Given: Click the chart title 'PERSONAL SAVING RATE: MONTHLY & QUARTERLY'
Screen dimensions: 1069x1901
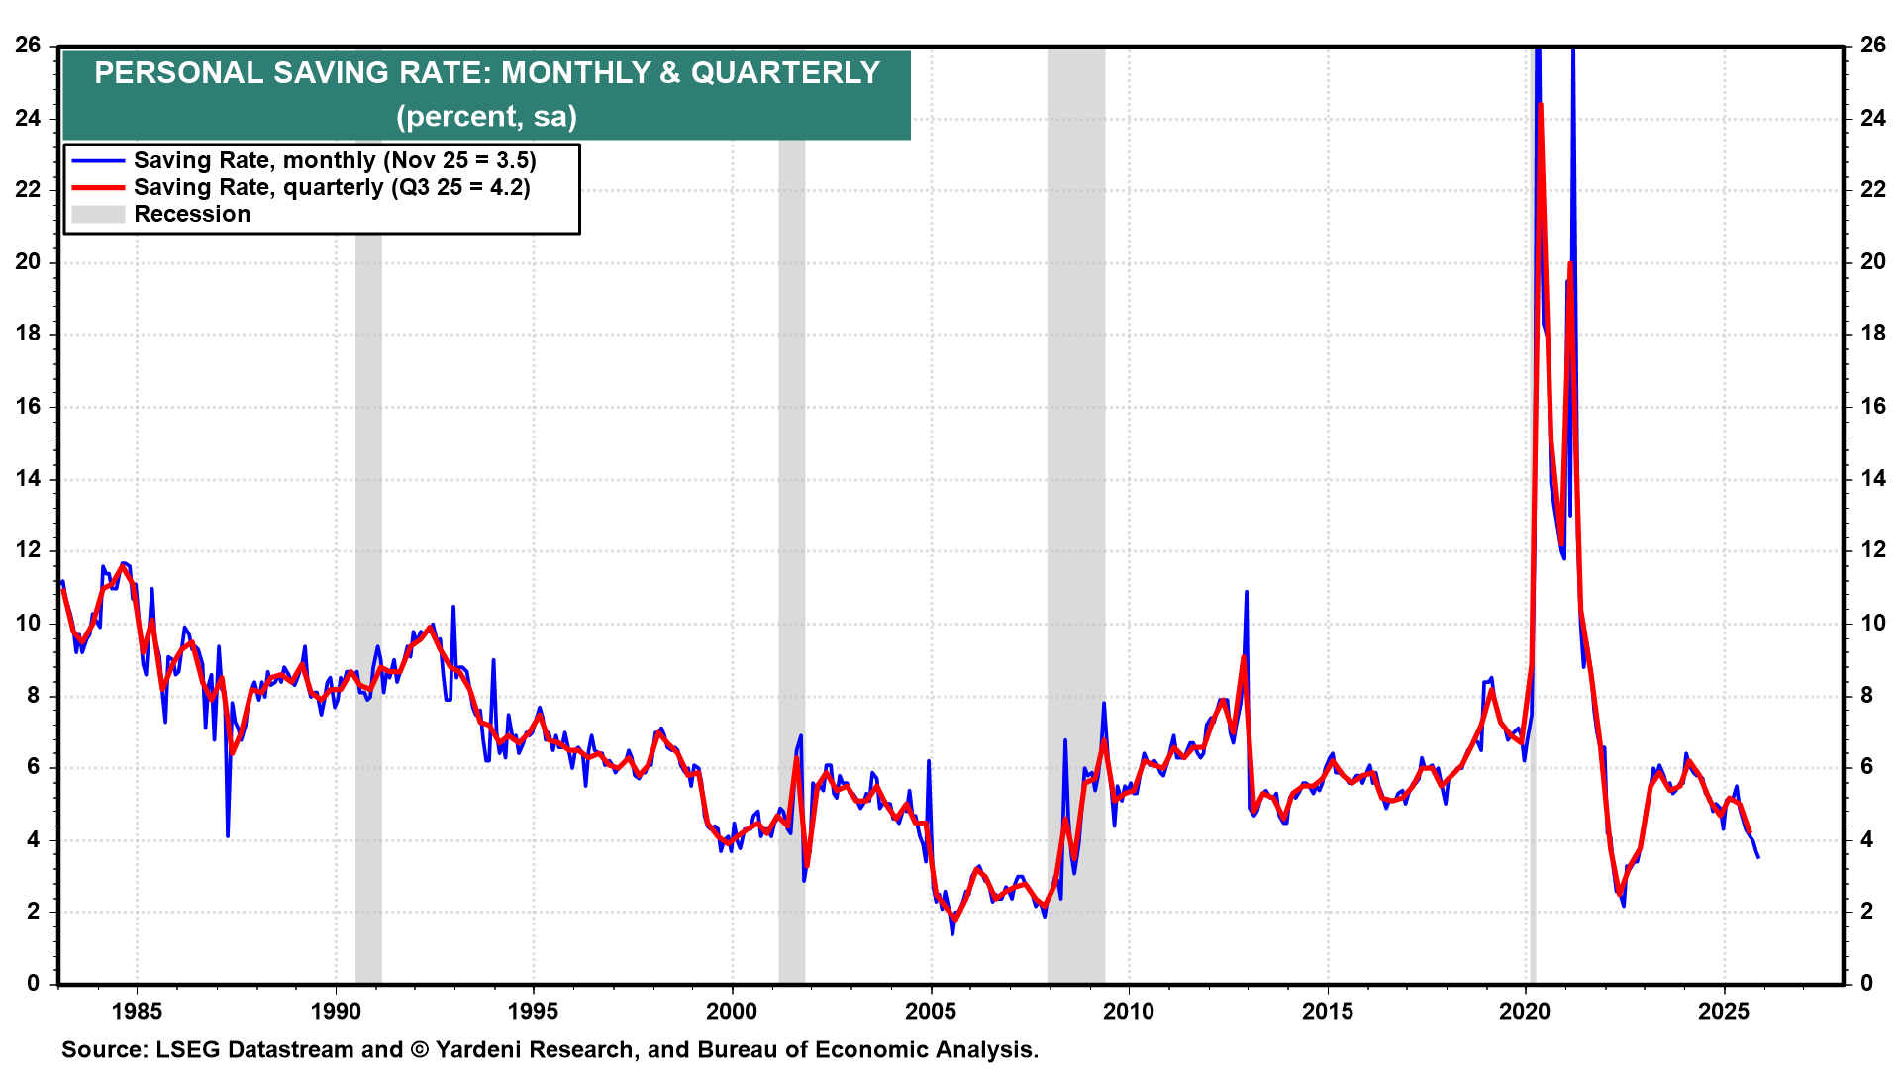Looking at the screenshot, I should [486, 73].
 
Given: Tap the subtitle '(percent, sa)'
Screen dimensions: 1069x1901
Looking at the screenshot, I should [486, 117].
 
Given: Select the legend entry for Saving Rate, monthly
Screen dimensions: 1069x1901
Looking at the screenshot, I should [335, 160].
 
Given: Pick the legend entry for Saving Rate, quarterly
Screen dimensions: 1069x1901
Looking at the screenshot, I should [332, 187].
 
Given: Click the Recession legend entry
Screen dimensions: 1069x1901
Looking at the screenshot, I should [192, 214].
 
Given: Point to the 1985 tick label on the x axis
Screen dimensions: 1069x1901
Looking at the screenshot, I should [137, 1011].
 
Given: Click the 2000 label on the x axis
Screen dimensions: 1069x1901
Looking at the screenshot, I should [732, 1011].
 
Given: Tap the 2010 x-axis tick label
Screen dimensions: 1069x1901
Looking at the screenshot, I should [1129, 1011].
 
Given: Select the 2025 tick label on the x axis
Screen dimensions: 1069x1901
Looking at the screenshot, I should [1724, 1011].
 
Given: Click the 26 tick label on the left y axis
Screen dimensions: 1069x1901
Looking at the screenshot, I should [28, 45].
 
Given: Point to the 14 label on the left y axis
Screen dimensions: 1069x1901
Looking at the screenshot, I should [28, 478].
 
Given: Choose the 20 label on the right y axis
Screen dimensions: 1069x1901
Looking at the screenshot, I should [1872, 261].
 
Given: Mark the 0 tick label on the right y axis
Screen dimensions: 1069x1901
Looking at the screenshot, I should [1866, 983].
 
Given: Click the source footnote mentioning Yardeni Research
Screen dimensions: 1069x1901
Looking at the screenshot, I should [550, 1049].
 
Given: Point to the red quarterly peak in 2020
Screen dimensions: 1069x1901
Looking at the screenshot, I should [1541, 105].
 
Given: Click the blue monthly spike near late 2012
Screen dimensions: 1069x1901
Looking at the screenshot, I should [1246, 593].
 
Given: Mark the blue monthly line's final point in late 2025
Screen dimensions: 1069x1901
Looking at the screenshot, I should [1757, 856].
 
